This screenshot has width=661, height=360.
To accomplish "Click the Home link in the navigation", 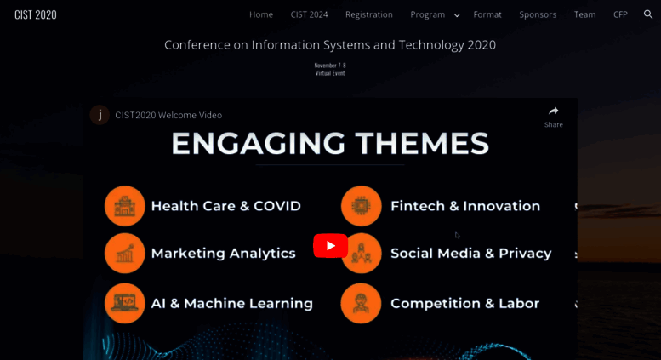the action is (261, 14).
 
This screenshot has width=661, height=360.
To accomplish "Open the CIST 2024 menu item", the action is (309, 14).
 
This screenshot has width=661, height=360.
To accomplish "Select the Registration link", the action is (369, 14).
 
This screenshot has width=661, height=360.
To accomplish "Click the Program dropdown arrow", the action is (457, 15).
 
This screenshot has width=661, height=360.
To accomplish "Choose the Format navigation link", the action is (487, 14).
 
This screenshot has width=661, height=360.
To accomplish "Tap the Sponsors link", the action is (538, 14).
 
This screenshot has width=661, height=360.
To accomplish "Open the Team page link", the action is (584, 14).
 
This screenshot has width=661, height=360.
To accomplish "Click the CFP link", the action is (620, 14).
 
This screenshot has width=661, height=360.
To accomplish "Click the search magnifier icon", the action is (648, 14).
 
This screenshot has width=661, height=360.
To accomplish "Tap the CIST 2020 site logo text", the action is (36, 14).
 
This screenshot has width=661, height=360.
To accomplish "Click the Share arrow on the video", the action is (554, 111).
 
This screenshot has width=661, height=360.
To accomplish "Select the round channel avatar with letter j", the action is (100, 115).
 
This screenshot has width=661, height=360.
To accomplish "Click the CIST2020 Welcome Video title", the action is (168, 115).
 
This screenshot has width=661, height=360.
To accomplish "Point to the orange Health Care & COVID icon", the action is (125, 206).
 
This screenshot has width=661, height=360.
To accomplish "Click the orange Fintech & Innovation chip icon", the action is (362, 206).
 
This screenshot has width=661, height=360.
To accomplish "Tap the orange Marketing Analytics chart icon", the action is (125, 254).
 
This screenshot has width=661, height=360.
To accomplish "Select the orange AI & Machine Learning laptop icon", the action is (125, 303).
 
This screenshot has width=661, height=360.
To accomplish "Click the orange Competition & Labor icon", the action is (361, 303).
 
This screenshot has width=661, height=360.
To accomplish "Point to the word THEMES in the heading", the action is (422, 144).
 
